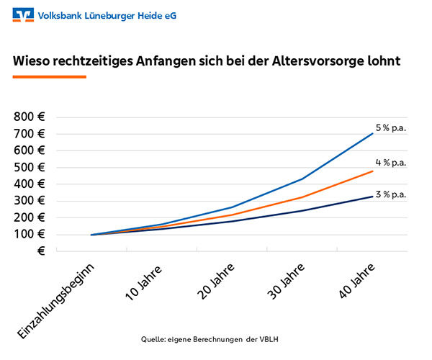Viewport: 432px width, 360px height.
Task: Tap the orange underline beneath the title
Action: click(50, 76)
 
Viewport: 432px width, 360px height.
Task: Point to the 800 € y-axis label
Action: click(30, 117)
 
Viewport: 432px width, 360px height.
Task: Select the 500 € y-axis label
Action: click(30, 167)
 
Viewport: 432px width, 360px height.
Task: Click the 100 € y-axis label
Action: click(30, 234)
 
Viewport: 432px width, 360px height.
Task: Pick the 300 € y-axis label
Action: click(30, 200)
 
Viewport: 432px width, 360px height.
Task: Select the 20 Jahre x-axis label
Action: click(215, 282)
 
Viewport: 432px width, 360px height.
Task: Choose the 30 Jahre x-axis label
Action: click(284, 282)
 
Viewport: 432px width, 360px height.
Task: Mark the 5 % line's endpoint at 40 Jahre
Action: click(372, 133)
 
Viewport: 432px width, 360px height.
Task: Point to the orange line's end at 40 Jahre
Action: click(372, 171)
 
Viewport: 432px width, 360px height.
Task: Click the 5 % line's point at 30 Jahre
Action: click(302, 179)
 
